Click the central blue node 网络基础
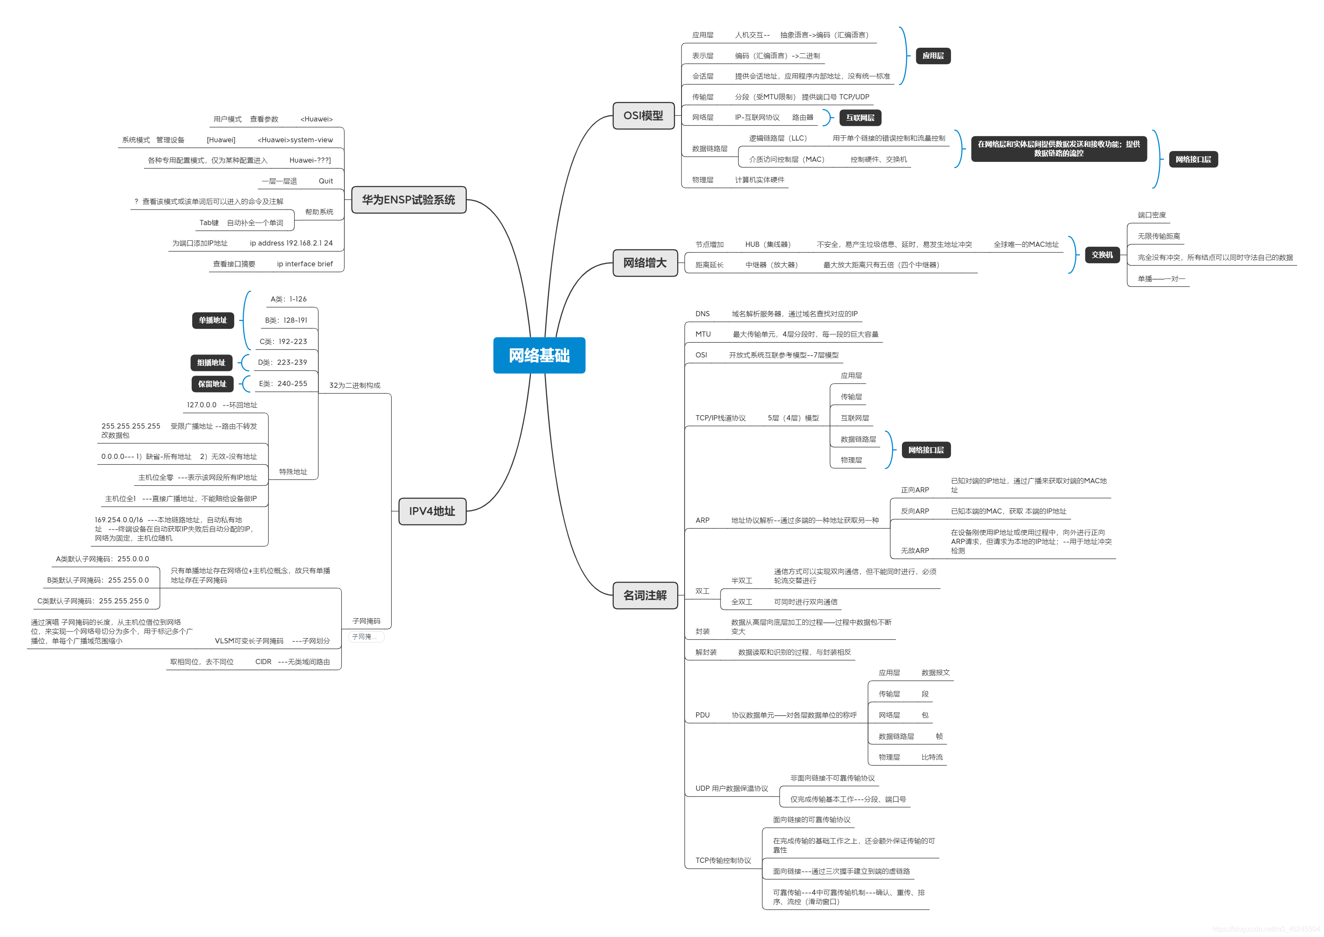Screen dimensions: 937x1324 coord(539,355)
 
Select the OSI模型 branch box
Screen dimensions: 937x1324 coord(643,115)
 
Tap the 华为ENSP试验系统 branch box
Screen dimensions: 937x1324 coord(409,200)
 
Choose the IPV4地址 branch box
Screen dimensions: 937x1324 coord(432,511)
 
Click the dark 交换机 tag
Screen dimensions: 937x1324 coord(1102,255)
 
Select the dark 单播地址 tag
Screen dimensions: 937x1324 coord(213,320)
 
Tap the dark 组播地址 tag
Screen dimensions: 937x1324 coord(211,362)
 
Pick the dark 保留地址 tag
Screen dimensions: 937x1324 coord(212,383)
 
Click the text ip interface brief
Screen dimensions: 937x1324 coord(305,264)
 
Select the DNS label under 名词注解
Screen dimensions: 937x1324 coord(702,314)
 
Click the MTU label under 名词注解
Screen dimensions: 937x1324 coord(703,334)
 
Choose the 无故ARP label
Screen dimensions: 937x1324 coord(915,550)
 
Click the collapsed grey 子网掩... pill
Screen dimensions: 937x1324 coord(365,637)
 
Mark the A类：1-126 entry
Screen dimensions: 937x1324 coord(288,299)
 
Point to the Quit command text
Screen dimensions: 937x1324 coord(325,181)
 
